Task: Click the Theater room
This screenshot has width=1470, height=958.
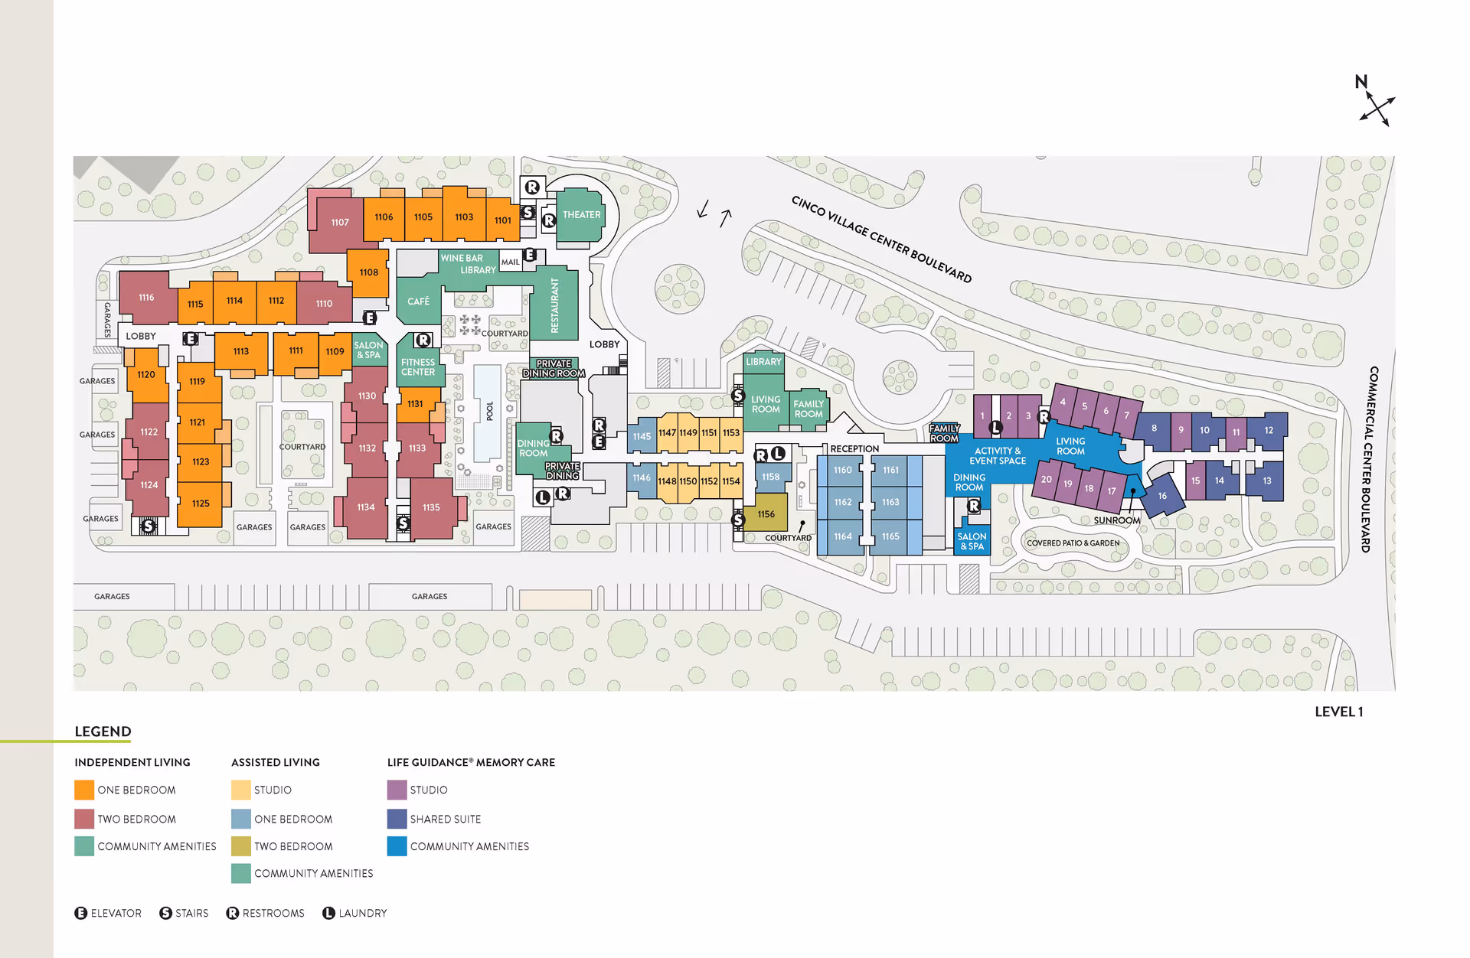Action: (x=581, y=215)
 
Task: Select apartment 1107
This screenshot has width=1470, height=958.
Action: (x=339, y=223)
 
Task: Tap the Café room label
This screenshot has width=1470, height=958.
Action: (x=418, y=301)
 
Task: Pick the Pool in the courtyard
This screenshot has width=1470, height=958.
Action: (x=488, y=412)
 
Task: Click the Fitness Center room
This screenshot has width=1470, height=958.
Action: (x=418, y=367)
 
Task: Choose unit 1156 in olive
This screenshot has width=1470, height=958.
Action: (x=766, y=514)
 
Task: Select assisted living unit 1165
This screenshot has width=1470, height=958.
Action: (x=890, y=536)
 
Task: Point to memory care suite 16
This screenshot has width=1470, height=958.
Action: (x=1162, y=496)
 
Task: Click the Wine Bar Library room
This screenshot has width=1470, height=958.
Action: (x=468, y=264)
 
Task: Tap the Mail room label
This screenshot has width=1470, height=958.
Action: (x=510, y=262)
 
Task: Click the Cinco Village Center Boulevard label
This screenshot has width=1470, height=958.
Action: (x=880, y=239)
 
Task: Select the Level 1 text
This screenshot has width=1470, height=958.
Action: (x=1338, y=712)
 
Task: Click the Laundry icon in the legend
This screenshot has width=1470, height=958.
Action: (x=328, y=913)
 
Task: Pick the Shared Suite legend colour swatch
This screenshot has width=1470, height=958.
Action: (x=397, y=819)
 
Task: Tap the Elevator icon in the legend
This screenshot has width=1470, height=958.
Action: (x=80, y=913)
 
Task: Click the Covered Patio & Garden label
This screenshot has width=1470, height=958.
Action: (x=1073, y=543)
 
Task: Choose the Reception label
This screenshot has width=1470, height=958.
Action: (x=854, y=449)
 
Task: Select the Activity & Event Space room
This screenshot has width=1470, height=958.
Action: (x=997, y=456)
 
